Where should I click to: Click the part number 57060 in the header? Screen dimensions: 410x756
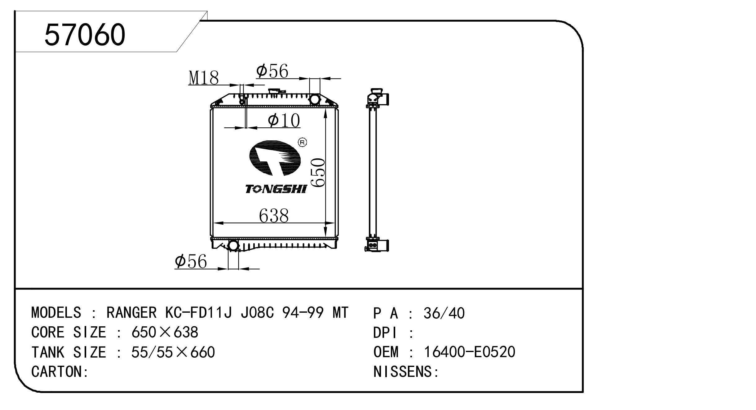[x=85, y=35]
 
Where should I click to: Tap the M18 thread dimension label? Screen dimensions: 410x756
[x=204, y=78]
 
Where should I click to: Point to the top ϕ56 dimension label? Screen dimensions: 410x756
[x=272, y=71]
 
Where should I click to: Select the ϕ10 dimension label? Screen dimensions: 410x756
[x=284, y=120]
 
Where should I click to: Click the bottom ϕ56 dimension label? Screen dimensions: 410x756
[x=191, y=262]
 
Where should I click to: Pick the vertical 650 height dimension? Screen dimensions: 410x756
[x=318, y=172]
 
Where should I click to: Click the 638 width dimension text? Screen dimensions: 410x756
[x=274, y=216]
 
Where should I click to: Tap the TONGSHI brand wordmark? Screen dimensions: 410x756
[x=276, y=189]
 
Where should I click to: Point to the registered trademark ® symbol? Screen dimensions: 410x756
[x=302, y=142]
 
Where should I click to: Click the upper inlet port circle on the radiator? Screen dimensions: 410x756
[x=315, y=99]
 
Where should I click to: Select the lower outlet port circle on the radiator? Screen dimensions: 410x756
[x=233, y=246]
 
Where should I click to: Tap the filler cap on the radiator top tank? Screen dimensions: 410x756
[x=275, y=91]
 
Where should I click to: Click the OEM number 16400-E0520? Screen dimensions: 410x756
[x=469, y=352]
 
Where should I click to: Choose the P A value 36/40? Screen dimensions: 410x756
[x=444, y=313]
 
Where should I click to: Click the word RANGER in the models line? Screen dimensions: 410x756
[x=131, y=313]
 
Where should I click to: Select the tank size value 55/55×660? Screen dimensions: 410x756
[x=173, y=352]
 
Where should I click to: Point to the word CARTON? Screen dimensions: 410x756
[x=57, y=372]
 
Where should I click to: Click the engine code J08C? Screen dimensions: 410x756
[x=257, y=313]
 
